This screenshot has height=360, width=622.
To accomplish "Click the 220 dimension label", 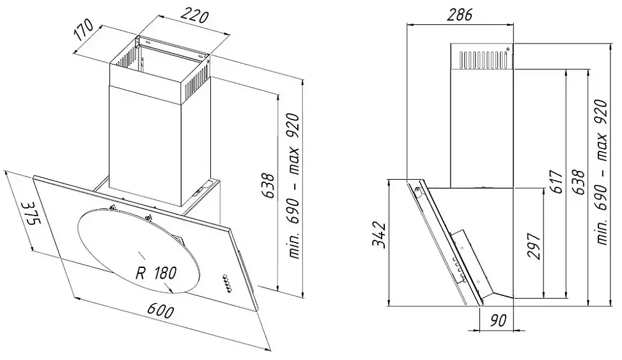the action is [x=195, y=16].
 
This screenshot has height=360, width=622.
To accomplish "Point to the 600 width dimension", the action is [x=160, y=310].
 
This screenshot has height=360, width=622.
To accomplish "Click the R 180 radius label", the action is [x=156, y=273].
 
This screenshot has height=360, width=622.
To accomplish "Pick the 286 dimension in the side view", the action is [x=460, y=15].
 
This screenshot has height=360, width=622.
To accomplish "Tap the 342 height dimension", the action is [x=379, y=235].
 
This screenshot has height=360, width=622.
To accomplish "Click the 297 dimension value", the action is [x=534, y=246].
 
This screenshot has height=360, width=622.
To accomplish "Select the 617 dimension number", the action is [x=557, y=182].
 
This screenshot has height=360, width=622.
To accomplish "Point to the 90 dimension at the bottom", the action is [x=497, y=320].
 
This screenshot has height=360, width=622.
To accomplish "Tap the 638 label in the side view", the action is [x=580, y=182].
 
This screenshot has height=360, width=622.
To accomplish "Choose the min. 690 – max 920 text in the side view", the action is [x=602, y=173].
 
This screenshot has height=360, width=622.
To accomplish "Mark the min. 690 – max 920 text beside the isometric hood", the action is [x=294, y=186].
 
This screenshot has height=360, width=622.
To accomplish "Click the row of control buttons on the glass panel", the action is [x=226, y=283].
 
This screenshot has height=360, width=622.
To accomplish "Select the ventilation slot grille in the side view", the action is [x=483, y=59].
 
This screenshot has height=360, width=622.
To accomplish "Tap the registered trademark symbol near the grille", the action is [x=508, y=49].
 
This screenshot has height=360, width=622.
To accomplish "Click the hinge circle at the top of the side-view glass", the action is [x=417, y=190].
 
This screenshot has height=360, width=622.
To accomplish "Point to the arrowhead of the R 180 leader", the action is [x=171, y=290].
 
